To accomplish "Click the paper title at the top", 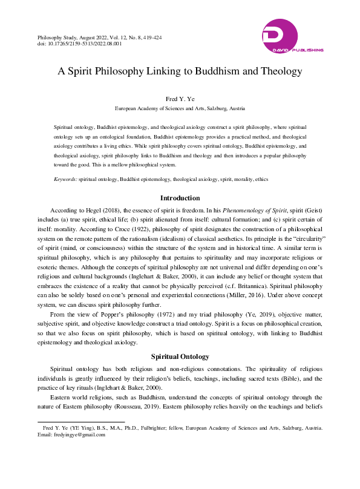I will pos(180,71).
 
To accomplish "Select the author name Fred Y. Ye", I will pos(180,99).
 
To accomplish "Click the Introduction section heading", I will pos(180,198).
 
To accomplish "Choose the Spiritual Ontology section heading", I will pos(180,356).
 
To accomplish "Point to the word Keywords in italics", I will pos(65,180).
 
